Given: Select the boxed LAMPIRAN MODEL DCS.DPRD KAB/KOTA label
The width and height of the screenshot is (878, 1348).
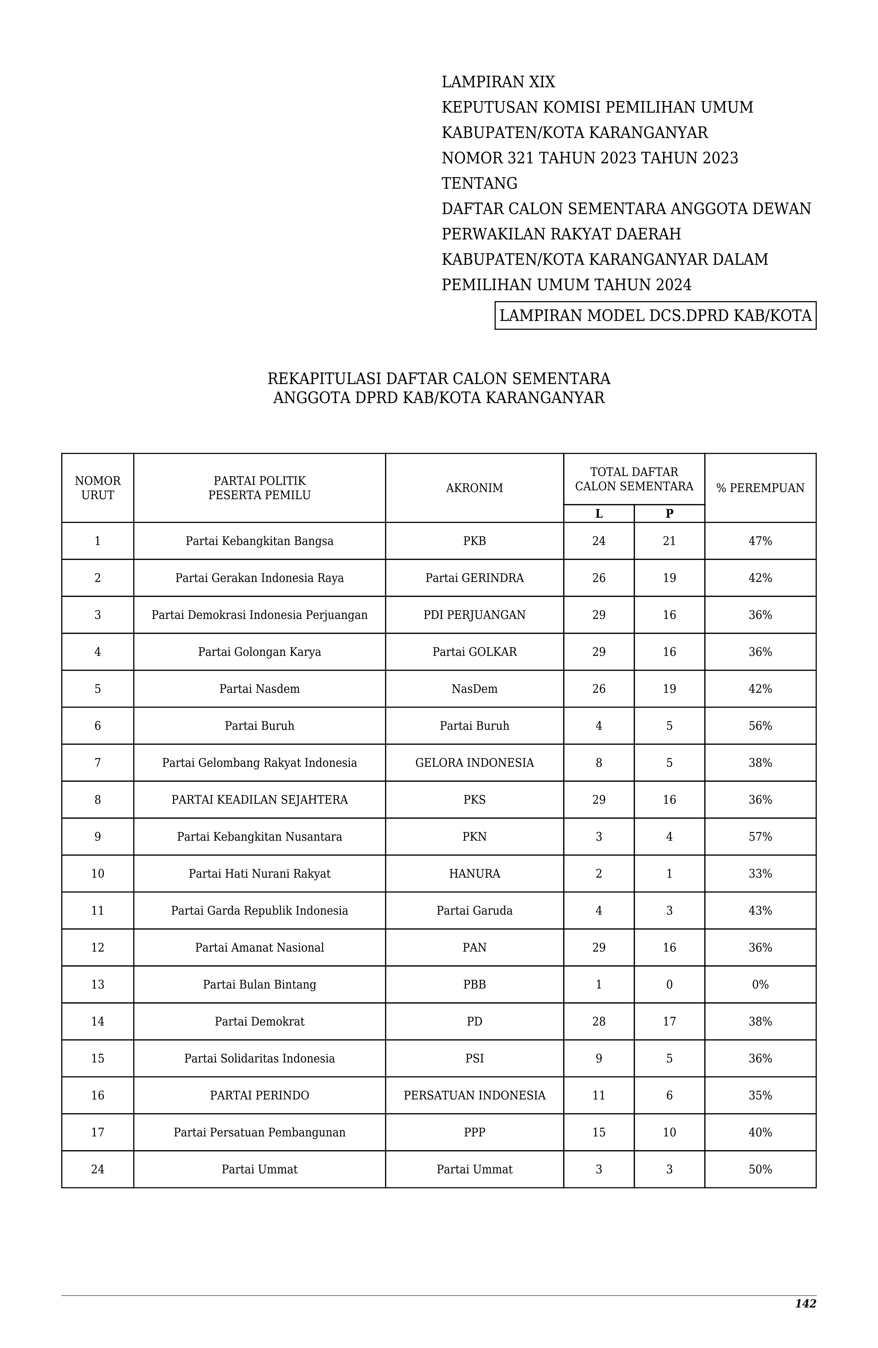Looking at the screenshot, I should tap(655, 316).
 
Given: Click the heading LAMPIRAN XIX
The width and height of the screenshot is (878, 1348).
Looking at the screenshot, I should tap(498, 82).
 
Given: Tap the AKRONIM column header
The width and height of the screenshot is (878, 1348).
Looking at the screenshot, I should tap(474, 488).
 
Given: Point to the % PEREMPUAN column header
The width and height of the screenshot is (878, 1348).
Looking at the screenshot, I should tap(760, 488).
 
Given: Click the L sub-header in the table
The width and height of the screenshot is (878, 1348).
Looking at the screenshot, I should tap(599, 514).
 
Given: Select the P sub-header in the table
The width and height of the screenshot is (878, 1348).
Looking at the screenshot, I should tap(669, 514).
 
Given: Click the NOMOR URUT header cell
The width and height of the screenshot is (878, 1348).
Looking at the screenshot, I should tap(98, 488).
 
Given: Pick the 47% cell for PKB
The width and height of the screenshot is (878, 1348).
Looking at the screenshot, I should tap(760, 541).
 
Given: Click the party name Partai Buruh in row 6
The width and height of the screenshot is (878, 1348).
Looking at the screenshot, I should tap(260, 725).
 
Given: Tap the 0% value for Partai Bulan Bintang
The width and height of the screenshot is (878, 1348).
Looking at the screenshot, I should tap(760, 984).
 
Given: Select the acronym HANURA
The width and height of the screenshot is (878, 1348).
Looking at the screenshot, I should tap(474, 874).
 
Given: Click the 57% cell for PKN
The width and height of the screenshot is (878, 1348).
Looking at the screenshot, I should tap(760, 836).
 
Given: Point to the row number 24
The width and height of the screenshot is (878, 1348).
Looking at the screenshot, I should tap(98, 1169).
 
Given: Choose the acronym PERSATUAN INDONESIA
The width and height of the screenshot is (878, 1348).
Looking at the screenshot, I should tap(474, 1095).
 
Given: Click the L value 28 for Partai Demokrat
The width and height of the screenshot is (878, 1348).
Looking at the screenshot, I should tap(599, 1021).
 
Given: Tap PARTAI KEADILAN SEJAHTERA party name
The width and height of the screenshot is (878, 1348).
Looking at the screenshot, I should tap(260, 800).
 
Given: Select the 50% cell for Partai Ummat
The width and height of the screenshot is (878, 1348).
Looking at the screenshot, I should tap(760, 1169).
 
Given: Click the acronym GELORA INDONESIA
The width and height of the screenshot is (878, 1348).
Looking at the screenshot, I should tap(474, 763).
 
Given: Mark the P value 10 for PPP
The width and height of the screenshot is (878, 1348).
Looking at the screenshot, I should tap(669, 1132).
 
